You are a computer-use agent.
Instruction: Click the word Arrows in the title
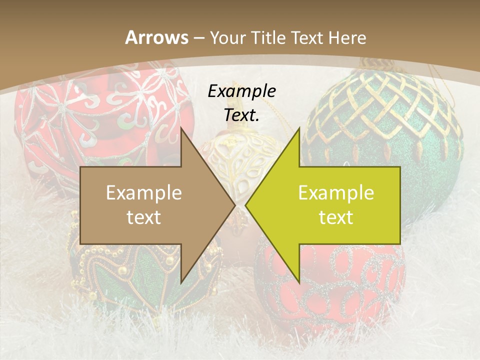pyautogui.click(x=156, y=37)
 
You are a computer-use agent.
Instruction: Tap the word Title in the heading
pyautogui.click(x=268, y=37)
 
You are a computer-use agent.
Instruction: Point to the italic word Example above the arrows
pyautogui.click(x=241, y=91)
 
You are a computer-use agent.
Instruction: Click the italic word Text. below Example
pyautogui.click(x=241, y=115)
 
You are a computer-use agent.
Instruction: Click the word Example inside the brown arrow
pyautogui.click(x=143, y=193)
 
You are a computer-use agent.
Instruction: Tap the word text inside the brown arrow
pyautogui.click(x=143, y=217)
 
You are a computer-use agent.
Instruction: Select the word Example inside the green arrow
pyautogui.click(x=336, y=193)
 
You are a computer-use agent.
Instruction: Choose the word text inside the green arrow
pyautogui.click(x=336, y=217)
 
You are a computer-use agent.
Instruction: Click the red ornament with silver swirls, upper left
pyautogui.click(x=100, y=115)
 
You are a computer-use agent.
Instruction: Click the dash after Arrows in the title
pyautogui.click(x=198, y=38)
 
